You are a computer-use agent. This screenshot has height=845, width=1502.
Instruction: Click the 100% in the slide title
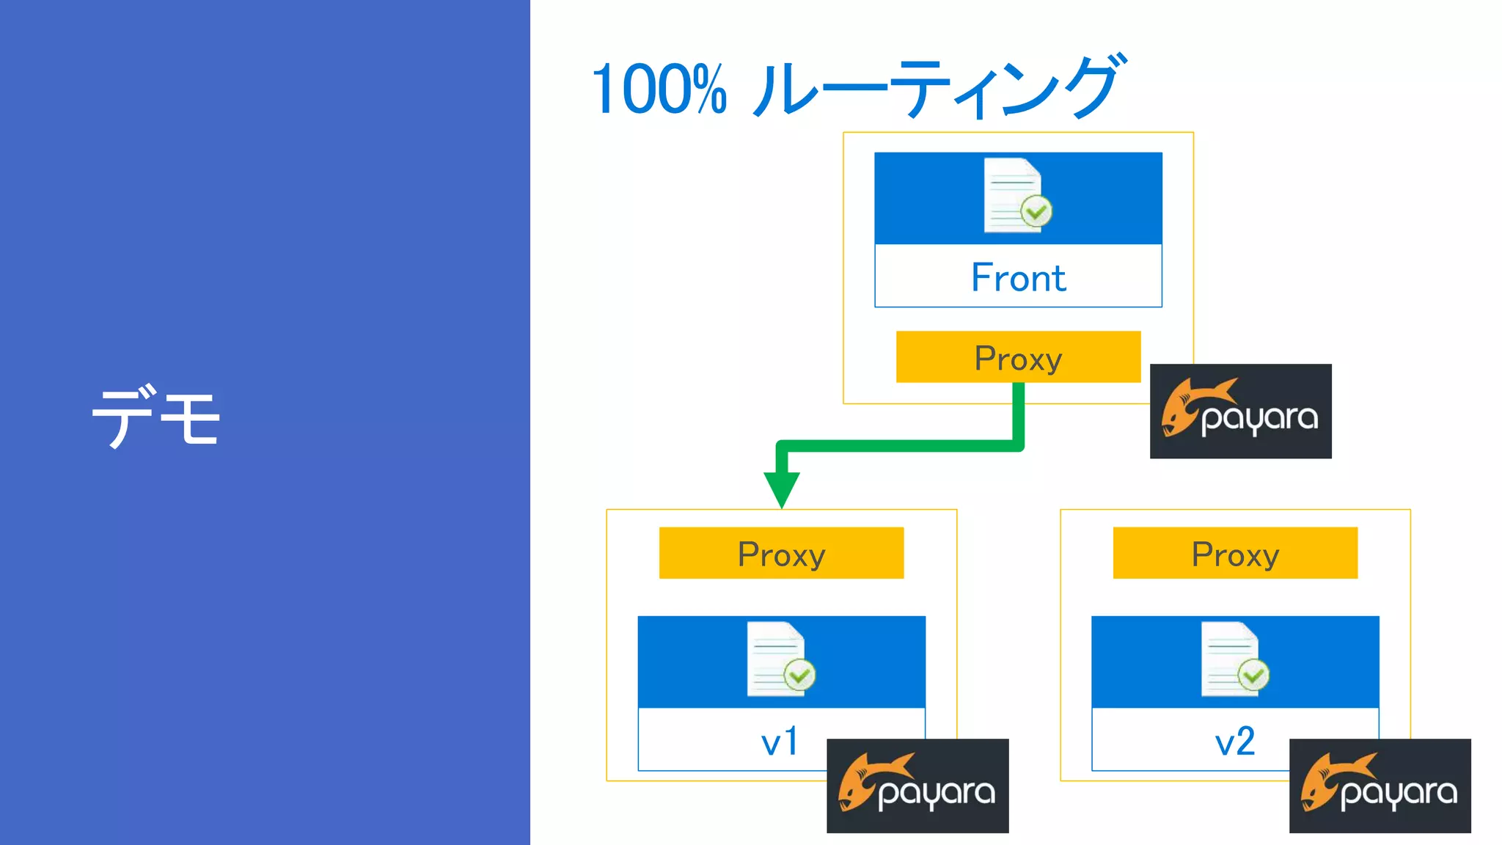pos(658,90)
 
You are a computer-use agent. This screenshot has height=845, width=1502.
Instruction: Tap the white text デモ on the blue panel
pos(155,416)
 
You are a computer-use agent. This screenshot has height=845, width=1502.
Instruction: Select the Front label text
pos(1018,278)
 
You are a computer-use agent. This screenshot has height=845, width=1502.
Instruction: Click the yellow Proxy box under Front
pos(1018,357)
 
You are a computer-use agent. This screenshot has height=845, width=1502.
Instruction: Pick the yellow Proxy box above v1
pos(781,553)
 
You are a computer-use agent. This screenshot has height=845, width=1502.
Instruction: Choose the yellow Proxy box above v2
pos(1235,553)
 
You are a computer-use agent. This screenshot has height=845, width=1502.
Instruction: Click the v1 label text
pos(780,742)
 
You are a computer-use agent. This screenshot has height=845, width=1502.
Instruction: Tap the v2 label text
pos(1235,742)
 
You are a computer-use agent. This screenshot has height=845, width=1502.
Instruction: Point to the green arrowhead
pos(782,488)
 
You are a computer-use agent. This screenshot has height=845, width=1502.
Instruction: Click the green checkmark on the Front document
pos(1036,212)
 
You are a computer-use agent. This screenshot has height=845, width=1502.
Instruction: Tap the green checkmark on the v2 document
pos(1253,675)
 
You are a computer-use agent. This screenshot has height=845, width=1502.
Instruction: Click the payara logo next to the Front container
pos(1240,411)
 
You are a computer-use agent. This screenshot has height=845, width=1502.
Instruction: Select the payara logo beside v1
pos(917,786)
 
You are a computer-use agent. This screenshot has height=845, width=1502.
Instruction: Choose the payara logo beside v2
pos(1380,786)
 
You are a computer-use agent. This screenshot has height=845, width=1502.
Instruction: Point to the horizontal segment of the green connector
pos(898,445)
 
